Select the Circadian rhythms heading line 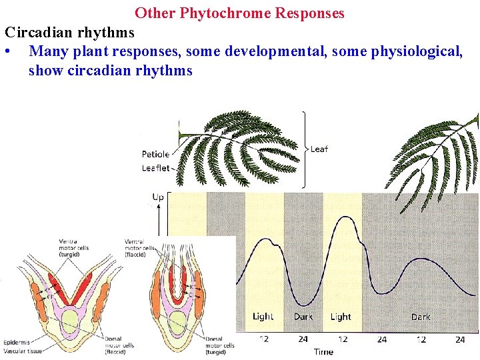coord(70,32)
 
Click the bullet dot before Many coord(7,51)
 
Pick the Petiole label coord(155,154)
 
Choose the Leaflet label coord(155,168)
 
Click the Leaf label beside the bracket coord(319,149)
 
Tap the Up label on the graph coord(158,197)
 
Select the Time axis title coord(323,351)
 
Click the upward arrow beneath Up coord(158,217)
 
